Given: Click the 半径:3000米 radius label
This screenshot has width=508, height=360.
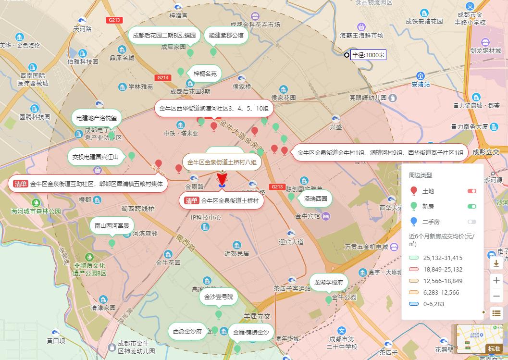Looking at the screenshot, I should pyautogui.click(x=368, y=55).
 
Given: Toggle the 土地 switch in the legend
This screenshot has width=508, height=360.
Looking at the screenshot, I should pyautogui.click(x=471, y=191).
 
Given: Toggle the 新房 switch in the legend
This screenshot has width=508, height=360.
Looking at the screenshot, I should pyautogui.click(x=471, y=207).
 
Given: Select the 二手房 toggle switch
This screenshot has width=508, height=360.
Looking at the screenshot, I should pyautogui.click(x=471, y=222).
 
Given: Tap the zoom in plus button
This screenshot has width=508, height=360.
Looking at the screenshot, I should pyautogui.click(x=496, y=280).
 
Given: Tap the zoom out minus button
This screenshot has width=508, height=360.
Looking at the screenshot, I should pyautogui.click(x=496, y=296).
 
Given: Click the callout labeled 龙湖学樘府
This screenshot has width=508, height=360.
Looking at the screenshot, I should pyautogui.click(x=328, y=282).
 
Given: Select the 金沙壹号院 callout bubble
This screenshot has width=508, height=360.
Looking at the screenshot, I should pyautogui.click(x=219, y=297).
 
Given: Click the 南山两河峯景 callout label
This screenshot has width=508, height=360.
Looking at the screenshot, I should pyautogui.click(x=112, y=225).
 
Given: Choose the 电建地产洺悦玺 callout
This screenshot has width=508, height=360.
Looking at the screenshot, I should pyautogui.click(x=97, y=118).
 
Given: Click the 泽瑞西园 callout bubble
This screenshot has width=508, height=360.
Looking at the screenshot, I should pyautogui.click(x=315, y=198).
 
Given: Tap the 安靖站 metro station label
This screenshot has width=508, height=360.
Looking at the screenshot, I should pyautogui.click(x=421, y=84).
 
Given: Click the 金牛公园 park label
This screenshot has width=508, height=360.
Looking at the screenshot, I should pyautogui.click(x=344, y=297).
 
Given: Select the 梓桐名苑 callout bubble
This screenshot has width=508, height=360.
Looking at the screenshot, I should pyautogui.click(x=205, y=74).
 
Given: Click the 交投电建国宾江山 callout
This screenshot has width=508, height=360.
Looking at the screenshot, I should pyautogui.click(x=95, y=157).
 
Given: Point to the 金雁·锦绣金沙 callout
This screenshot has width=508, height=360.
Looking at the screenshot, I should pyautogui.click(x=251, y=332).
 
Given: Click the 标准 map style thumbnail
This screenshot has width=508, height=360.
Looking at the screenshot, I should pyautogui.click(x=494, y=348).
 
